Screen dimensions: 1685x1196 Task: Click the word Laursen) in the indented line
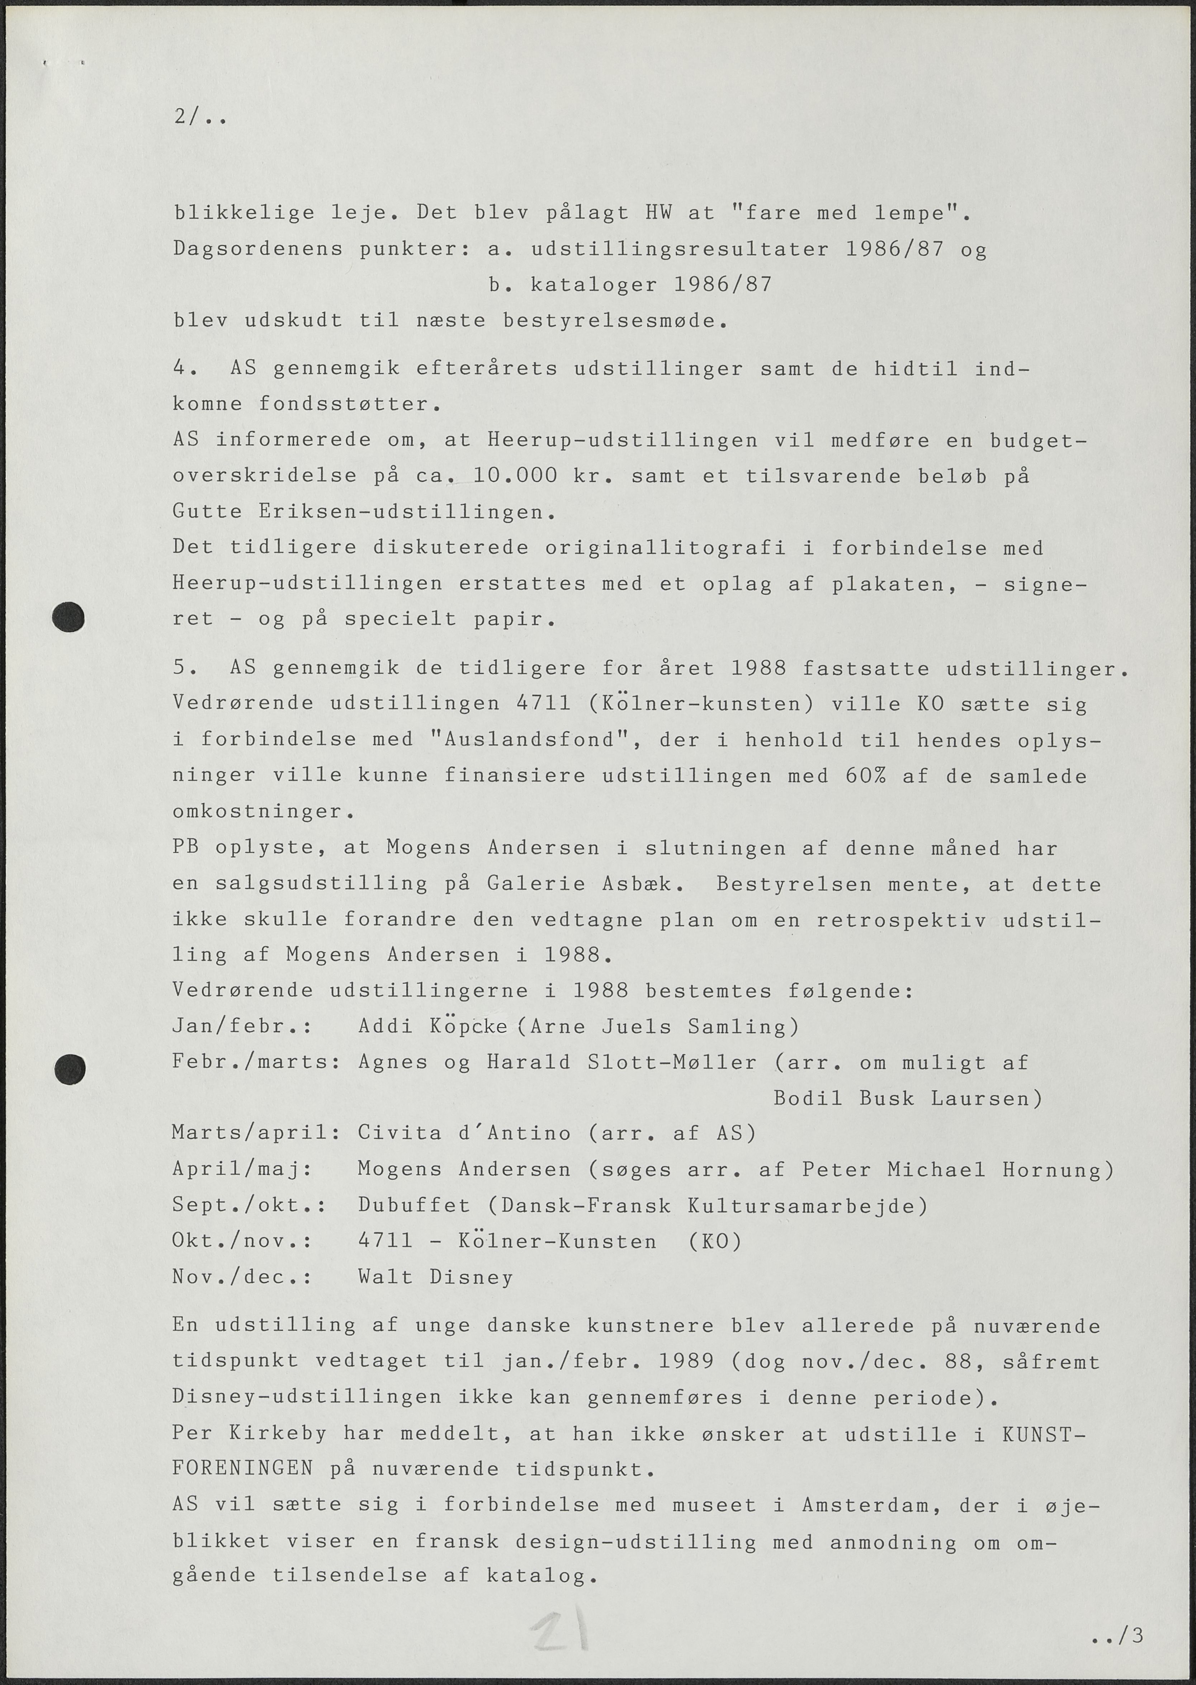point(987,1098)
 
